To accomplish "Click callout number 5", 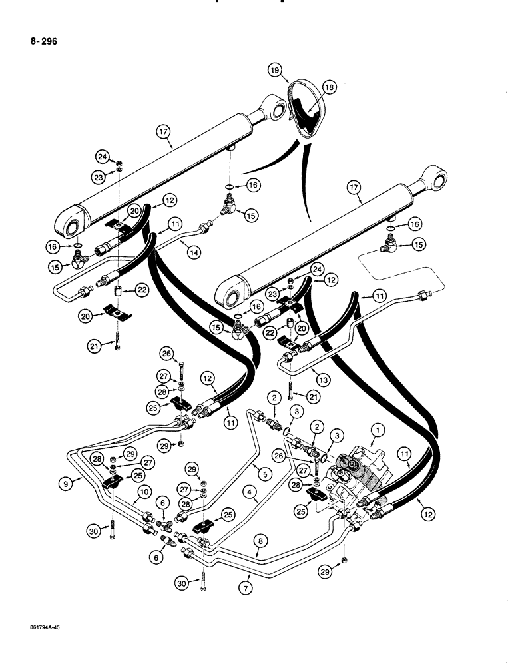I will pyautogui.click(x=266, y=474).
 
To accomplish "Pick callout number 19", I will pyautogui.click(x=274, y=70).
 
